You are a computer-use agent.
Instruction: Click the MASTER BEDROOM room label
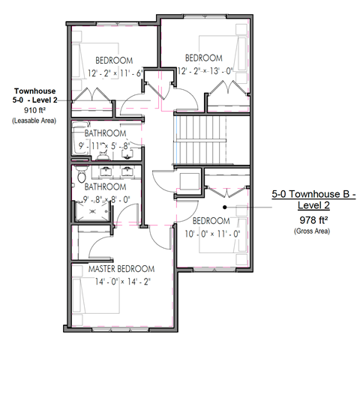click(121, 269)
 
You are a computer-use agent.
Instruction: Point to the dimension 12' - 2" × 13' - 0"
click(205, 71)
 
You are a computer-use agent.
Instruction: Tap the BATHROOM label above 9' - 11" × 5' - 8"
click(105, 133)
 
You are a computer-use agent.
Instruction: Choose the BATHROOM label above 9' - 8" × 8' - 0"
click(104, 187)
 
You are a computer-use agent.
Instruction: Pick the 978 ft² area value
click(314, 220)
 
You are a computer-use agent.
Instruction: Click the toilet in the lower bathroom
click(79, 178)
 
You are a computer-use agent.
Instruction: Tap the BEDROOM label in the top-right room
click(204, 58)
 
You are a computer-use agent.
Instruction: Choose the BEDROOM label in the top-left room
click(114, 60)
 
